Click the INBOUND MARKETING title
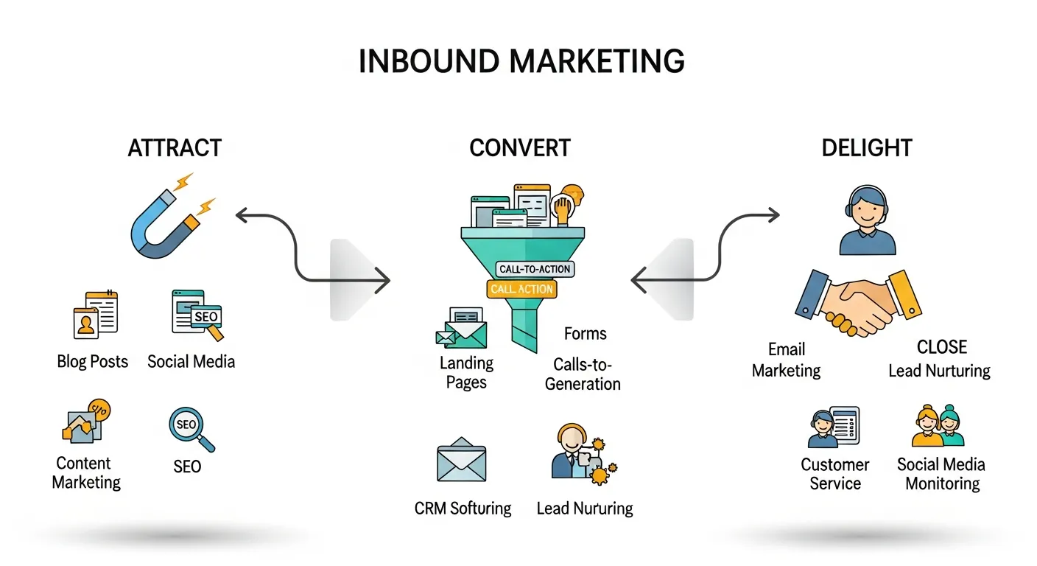(521, 61)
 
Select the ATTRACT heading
(175, 148)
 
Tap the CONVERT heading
(520, 148)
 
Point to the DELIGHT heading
(867, 148)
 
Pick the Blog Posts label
(93, 362)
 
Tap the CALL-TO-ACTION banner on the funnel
(535, 269)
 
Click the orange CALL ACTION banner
(521, 289)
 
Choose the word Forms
(586, 334)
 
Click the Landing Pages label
(466, 372)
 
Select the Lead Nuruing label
(585, 509)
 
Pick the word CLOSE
(942, 347)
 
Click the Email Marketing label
(786, 360)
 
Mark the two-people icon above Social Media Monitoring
(938, 427)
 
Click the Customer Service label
(835, 474)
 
